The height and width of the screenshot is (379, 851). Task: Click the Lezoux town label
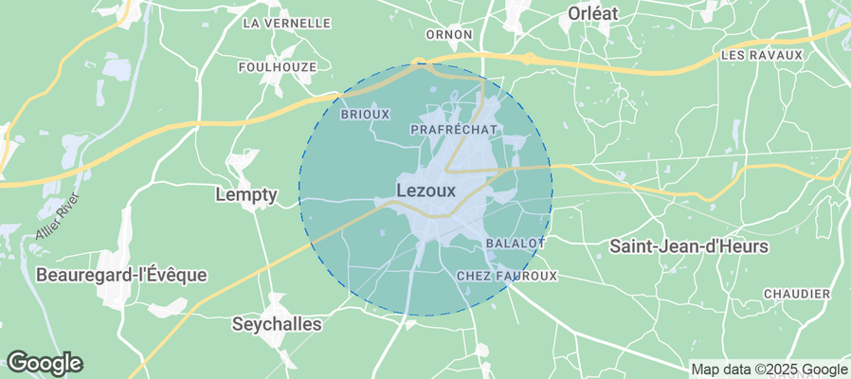(426, 190)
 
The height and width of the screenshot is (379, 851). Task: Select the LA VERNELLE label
(287, 23)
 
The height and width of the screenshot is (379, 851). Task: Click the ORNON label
(449, 35)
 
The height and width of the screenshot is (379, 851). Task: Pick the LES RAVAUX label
(761, 55)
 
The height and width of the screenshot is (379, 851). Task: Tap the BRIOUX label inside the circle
(365, 114)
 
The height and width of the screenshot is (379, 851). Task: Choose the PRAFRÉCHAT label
(454, 128)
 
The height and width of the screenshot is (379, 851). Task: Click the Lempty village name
(246, 195)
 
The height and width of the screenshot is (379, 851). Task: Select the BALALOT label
(515, 244)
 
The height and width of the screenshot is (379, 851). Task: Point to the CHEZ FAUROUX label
(507, 276)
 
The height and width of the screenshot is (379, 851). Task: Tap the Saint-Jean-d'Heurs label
(688, 246)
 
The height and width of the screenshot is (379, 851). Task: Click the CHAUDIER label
(796, 295)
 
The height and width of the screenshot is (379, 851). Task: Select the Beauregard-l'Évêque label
(121, 275)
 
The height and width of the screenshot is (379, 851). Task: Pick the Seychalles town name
(277, 324)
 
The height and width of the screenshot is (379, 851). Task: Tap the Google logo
(44, 362)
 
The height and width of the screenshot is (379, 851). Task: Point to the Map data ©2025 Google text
(769, 370)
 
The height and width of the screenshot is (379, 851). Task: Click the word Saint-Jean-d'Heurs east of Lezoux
(688, 246)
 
